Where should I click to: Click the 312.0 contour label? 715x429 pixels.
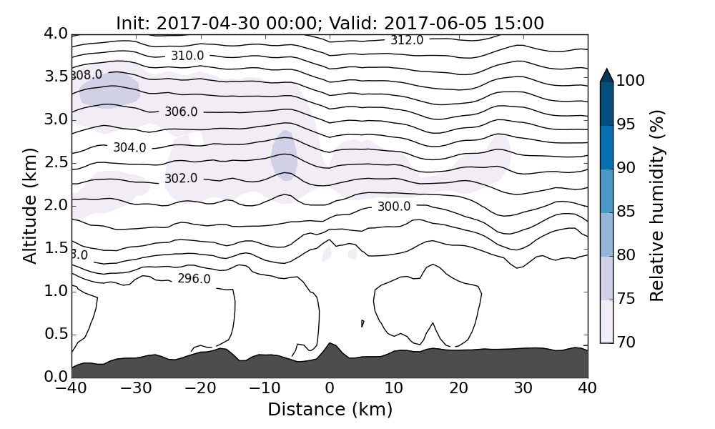(407, 40)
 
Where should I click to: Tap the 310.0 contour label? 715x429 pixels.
(187, 56)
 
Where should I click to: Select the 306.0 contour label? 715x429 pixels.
(181, 112)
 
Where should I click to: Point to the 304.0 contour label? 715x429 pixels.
(129, 147)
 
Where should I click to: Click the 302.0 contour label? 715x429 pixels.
(181, 178)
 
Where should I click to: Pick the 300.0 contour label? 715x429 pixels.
(394, 207)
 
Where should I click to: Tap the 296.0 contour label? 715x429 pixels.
(194, 279)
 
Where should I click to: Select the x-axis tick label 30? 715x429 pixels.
(523, 388)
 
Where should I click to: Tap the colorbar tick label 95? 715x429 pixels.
(626, 124)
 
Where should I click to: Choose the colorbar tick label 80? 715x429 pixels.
(626, 255)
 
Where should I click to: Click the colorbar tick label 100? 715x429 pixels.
(630, 81)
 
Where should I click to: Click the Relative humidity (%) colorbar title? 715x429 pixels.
(658, 206)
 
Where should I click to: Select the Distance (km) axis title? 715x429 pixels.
(330, 410)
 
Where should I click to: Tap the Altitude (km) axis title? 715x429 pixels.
(30, 206)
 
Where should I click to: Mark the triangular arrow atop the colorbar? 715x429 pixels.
(606, 75)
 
